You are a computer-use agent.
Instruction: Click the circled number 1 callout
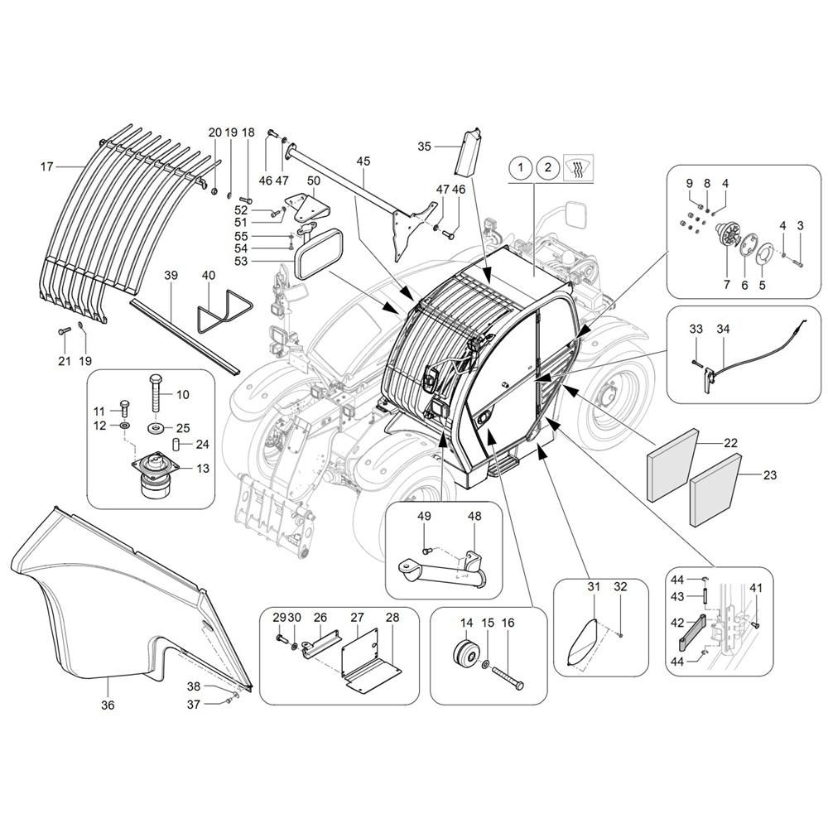click(x=521, y=168)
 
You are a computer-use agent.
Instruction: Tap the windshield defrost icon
click(x=579, y=168)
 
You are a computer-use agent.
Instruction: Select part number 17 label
click(x=47, y=167)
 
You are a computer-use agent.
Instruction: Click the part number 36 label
click(x=108, y=705)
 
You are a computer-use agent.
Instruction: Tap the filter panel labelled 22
click(x=672, y=465)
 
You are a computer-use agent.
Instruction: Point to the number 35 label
click(x=425, y=147)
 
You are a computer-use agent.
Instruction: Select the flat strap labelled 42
click(x=691, y=633)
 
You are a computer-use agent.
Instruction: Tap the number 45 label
click(x=363, y=161)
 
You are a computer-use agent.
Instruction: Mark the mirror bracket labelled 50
click(x=308, y=209)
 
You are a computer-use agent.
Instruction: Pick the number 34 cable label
click(x=723, y=329)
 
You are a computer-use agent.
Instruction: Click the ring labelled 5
click(x=762, y=258)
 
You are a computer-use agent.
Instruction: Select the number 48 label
click(x=474, y=515)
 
